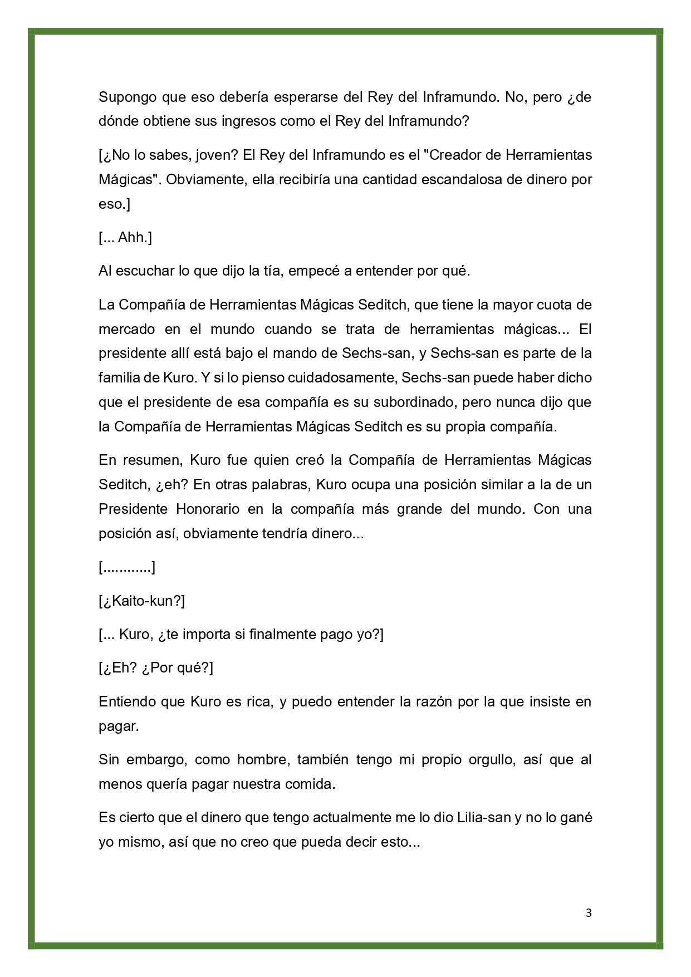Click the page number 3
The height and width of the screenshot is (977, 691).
[589, 913]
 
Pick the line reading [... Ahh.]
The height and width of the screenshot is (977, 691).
[125, 238]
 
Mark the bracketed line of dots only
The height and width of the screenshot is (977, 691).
[127, 568]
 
